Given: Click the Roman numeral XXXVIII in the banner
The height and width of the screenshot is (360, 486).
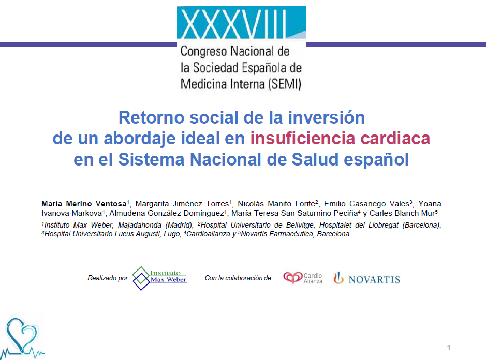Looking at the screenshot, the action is [233, 24].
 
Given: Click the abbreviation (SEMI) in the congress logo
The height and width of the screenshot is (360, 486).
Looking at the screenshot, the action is [285, 84].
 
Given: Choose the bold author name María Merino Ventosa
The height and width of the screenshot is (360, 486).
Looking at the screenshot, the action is [84, 204].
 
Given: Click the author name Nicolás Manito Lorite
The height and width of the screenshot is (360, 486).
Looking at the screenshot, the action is [276, 204].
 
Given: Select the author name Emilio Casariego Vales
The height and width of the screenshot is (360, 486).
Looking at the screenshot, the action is [366, 204].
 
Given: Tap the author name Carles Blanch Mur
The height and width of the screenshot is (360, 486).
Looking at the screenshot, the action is [402, 213].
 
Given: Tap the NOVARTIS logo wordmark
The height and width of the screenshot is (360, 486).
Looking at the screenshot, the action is [374, 280].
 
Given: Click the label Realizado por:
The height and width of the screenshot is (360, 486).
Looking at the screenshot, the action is [109, 278].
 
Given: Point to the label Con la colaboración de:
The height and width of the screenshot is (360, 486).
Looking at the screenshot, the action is [239, 278].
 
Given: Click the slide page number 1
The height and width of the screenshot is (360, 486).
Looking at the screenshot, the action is [449, 348].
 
